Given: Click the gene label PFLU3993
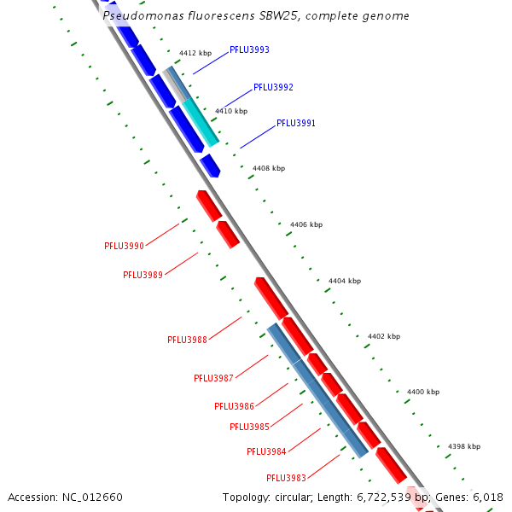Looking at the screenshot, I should click(x=249, y=49).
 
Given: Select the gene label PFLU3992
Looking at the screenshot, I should click(x=273, y=87).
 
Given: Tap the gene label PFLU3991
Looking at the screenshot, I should click(x=296, y=124).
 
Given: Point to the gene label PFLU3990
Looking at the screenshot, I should click(x=125, y=246).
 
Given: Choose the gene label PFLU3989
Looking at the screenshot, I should click(x=143, y=275).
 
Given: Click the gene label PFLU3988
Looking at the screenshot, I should click(x=187, y=340).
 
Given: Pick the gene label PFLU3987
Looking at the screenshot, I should click(x=213, y=378).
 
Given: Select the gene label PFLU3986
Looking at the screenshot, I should click(x=234, y=406).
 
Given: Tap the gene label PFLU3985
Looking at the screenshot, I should click(x=249, y=427).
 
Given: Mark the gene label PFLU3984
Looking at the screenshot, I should click(x=266, y=451).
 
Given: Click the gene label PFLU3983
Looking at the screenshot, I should click(x=286, y=478).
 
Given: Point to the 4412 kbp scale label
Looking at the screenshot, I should click(x=195, y=53).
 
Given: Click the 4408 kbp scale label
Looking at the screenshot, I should click(x=269, y=168).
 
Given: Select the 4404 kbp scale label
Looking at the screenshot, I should click(x=345, y=281).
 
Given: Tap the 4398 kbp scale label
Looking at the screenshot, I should click(x=464, y=446).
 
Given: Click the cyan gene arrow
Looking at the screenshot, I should click(x=201, y=122).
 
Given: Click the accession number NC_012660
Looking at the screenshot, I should click(x=91, y=497).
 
